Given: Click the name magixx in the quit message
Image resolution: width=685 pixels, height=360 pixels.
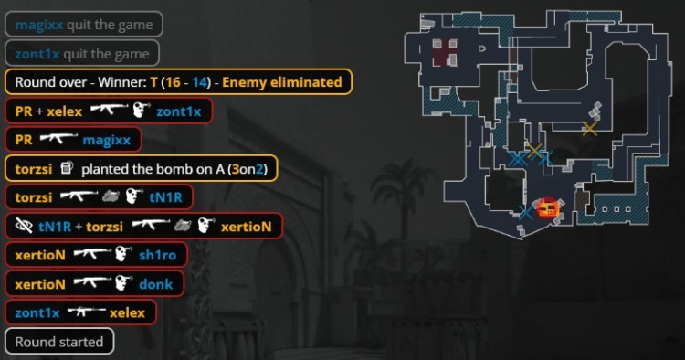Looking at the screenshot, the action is [39, 25].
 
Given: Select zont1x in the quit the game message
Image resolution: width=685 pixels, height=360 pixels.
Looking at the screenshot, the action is [37, 54].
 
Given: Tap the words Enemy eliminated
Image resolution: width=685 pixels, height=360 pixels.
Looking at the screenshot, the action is [282, 82].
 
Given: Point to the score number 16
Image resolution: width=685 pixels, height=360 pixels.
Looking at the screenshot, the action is [173, 82].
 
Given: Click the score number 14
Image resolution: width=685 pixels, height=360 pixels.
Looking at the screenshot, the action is [199, 82].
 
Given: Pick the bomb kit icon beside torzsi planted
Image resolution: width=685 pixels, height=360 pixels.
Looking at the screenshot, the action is [67, 167].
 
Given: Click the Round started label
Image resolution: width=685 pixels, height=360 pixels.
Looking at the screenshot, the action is [59, 342].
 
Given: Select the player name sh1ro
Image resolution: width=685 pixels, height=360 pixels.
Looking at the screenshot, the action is [157, 255].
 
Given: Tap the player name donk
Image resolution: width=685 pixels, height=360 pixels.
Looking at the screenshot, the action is [156, 284].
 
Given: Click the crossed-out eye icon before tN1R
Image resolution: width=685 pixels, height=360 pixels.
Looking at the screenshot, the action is [24, 226].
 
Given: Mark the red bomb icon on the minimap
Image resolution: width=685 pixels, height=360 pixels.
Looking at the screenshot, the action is [548, 209].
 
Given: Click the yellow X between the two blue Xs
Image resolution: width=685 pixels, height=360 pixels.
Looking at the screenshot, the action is [534, 151].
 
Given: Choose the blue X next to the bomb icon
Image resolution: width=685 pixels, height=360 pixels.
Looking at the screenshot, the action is [525, 213].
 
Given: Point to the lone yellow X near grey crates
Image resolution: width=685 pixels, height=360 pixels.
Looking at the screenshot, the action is [590, 129].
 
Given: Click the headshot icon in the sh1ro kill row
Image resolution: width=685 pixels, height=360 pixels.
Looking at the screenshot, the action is [124, 254].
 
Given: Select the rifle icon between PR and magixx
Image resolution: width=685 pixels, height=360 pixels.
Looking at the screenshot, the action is [58, 138].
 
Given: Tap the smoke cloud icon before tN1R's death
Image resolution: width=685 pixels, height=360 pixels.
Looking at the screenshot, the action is [111, 197].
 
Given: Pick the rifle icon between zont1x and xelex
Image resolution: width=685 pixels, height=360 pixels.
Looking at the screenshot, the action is [87, 312].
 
